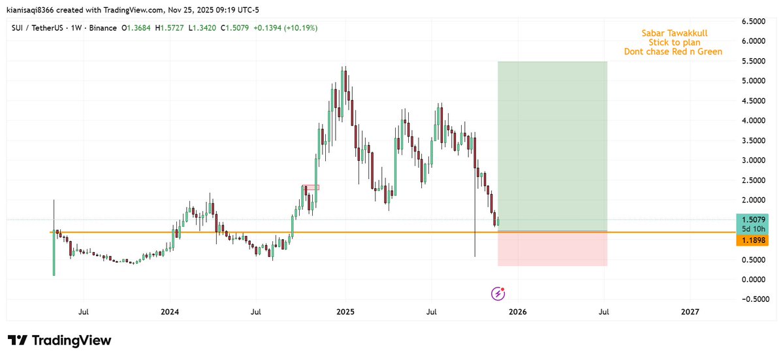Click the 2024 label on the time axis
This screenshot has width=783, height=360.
pos(169,312)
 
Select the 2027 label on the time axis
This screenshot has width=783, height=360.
pos(690,312)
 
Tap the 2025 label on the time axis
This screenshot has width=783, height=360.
pos(345,312)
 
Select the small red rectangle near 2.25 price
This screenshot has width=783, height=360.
pos(311,188)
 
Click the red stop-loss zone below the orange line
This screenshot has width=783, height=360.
pos(552,249)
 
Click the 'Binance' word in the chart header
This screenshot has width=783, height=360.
pos(102,28)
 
